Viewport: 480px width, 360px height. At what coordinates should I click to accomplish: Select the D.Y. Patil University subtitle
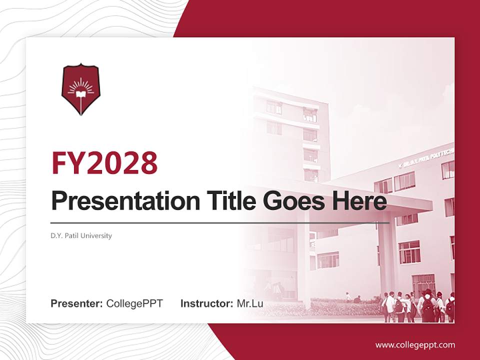tap(81, 235)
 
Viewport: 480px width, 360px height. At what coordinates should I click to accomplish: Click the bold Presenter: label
tap(77, 303)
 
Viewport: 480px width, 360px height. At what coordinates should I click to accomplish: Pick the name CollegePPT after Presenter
tap(134, 303)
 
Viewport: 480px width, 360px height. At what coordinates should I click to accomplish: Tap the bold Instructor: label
tap(206, 303)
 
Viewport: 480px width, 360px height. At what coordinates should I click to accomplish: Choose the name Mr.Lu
tap(250, 303)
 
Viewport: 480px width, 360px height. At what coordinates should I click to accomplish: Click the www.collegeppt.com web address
tap(415, 344)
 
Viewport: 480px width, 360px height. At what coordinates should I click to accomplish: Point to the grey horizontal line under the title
tap(220, 222)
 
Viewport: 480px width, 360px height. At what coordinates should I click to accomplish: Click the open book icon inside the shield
tap(80, 92)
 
